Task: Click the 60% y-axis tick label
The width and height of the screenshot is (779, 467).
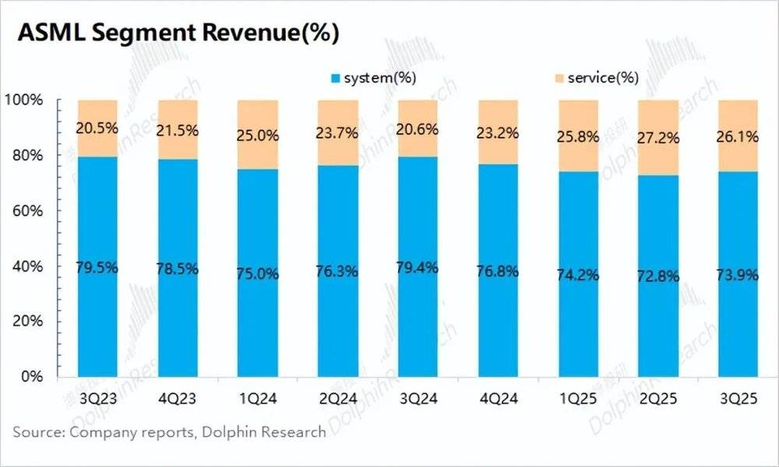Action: (28, 211)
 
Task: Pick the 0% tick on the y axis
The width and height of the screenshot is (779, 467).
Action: (32, 377)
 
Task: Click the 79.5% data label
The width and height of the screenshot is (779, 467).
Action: (97, 268)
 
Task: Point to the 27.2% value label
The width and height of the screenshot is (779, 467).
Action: (658, 138)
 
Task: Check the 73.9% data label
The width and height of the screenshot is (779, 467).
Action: (738, 275)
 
